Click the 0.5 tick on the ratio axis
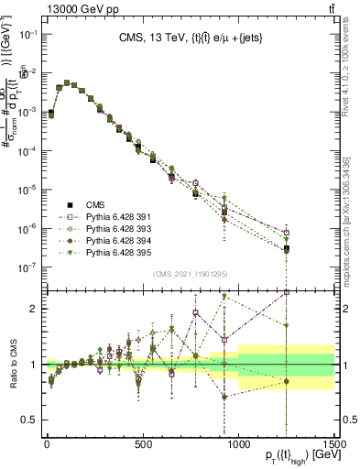pos(29,420)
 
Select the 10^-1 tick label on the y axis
pos(26,34)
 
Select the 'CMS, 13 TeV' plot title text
pos(185,38)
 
